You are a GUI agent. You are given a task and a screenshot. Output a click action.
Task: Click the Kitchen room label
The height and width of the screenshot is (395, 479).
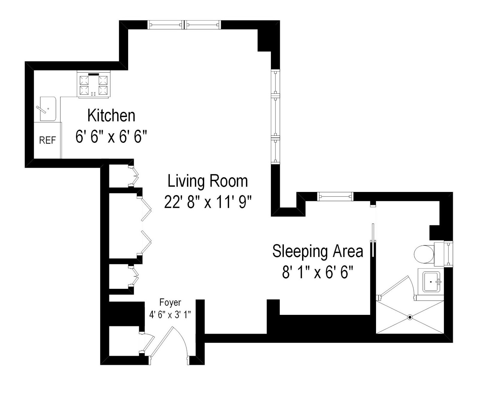tap(111, 116)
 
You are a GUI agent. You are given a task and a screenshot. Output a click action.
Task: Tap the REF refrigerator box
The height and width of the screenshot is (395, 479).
tap(47, 140)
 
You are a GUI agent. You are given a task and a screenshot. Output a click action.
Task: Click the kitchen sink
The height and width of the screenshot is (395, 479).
tap(48, 109)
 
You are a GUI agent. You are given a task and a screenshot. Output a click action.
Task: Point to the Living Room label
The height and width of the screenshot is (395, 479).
tap(207, 181)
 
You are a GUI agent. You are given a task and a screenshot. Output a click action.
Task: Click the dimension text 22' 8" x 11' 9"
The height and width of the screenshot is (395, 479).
tap(207, 202)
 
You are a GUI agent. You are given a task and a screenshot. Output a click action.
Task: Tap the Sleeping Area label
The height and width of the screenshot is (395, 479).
tap(318, 251)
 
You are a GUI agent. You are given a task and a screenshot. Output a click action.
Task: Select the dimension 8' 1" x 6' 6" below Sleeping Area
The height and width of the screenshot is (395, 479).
tap(318, 272)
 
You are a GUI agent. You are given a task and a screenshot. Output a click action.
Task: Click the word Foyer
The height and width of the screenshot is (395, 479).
tap(170, 302)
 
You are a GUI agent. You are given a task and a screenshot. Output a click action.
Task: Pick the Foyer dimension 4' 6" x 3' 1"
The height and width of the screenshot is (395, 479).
tap(170, 315)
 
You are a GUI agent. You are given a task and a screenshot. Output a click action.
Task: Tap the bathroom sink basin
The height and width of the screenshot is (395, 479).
tap(431, 282)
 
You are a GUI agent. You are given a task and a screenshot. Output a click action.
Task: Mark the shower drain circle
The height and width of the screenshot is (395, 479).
tap(410, 317)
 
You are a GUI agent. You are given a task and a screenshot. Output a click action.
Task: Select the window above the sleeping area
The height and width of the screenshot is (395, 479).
tap(335, 196)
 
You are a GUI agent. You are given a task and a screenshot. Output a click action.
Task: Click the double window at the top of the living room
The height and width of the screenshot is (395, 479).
tap(184, 25)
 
